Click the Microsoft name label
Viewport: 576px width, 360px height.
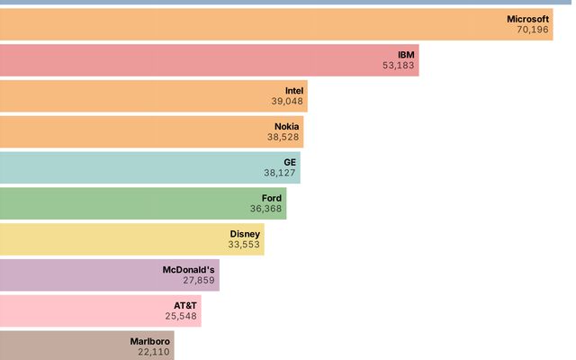tap(527, 18)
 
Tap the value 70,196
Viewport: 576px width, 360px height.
tap(533, 30)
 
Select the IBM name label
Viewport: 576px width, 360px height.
tap(407, 54)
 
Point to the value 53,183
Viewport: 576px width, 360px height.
tap(399, 66)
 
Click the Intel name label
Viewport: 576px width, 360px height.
tap(294, 90)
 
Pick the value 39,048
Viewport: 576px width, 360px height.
tap(287, 102)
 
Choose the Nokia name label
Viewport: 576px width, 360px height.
tap(287, 126)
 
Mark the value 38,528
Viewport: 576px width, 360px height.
tap(283, 138)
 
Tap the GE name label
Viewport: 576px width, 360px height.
tap(290, 162)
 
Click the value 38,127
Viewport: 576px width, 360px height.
tap(280, 174)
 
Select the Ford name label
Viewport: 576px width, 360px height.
tap(272, 198)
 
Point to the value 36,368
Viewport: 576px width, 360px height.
tap(266, 210)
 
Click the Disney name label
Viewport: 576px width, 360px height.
tap(245, 234)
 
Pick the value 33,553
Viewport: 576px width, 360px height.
tap(244, 246)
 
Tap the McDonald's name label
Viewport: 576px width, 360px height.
tap(189, 270)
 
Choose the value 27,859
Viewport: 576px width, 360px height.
tap(199, 282)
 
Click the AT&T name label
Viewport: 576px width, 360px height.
tap(185, 306)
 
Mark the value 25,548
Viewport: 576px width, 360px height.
tap(181, 318)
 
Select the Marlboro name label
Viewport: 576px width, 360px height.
tap(149, 342)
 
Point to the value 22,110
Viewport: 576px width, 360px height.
tap(154, 354)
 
